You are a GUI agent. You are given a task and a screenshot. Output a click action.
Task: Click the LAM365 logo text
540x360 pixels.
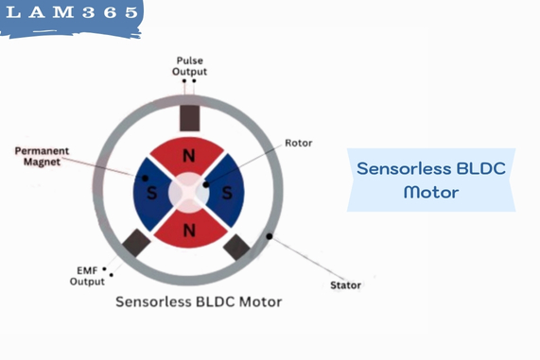71,16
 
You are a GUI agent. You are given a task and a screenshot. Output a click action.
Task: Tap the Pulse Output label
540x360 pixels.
189,66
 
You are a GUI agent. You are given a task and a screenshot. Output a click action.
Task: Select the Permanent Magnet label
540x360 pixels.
43,156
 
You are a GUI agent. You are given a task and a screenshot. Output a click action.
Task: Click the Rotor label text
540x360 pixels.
298,144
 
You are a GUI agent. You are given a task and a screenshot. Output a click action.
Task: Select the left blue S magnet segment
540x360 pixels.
151,192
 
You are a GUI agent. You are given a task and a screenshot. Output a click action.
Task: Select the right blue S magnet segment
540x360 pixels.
226,192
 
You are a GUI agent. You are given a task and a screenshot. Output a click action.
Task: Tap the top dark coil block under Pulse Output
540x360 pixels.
189,116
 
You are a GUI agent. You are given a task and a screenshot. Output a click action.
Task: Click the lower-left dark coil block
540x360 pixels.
136,243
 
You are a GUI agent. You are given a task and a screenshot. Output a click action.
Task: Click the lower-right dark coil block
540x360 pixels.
236,248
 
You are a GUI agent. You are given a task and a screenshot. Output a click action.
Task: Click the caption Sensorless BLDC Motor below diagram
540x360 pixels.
198,302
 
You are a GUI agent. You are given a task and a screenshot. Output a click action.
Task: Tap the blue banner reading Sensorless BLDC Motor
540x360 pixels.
430,180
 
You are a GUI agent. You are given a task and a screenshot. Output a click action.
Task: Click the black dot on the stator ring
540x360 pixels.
270,235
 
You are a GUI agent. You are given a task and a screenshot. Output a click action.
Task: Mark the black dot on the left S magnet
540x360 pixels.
144,177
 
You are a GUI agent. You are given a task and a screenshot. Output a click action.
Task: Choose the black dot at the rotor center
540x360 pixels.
205,184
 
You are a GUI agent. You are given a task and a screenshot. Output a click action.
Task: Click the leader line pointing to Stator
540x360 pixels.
307,259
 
